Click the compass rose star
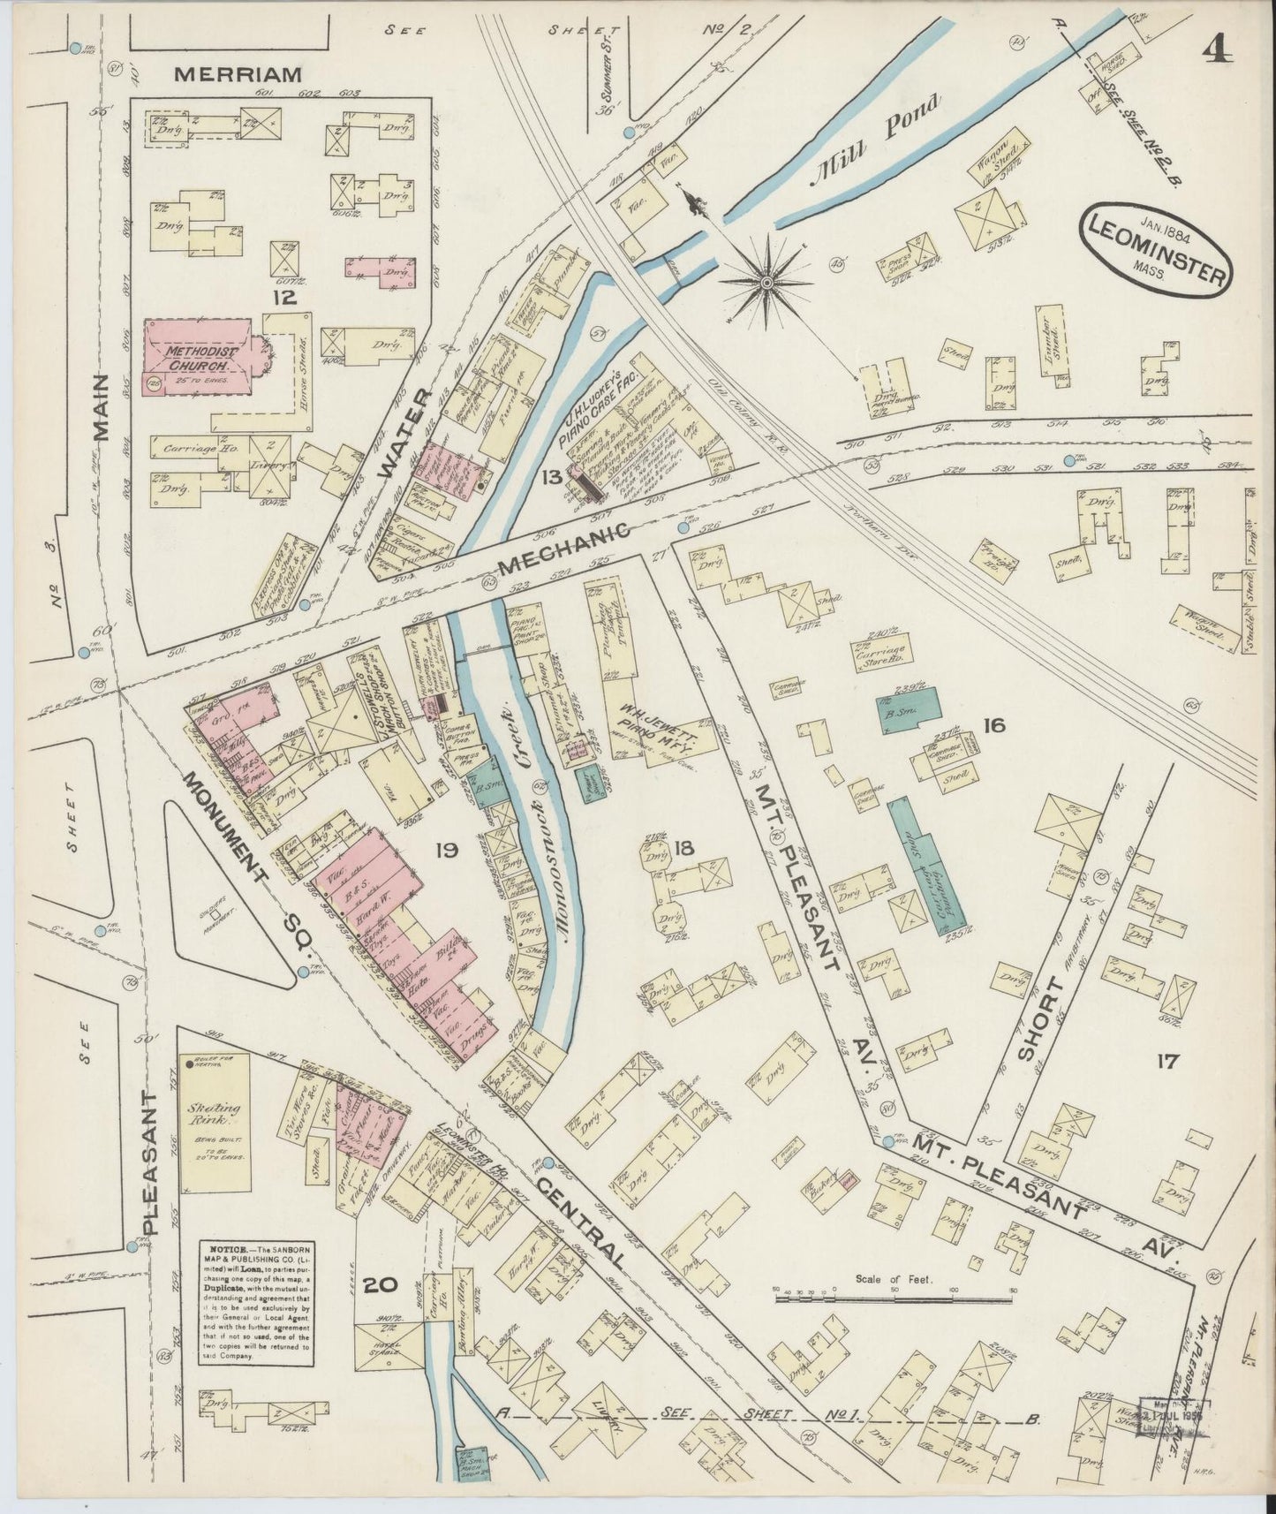766,282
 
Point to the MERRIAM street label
238,75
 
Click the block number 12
284,298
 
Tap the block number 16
993,725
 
